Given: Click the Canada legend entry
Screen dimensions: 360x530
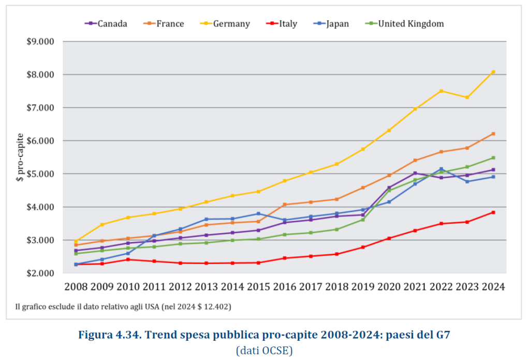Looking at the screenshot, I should [106, 23].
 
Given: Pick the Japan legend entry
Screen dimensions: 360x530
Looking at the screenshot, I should [332, 23].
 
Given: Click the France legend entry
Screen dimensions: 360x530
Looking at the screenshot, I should [164, 23].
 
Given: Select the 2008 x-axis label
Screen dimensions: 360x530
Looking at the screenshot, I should [76, 286].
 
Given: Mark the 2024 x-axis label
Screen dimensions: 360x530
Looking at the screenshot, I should [493, 286].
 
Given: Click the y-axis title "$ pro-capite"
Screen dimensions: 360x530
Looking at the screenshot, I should [20, 157].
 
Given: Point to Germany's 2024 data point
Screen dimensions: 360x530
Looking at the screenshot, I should [493, 72].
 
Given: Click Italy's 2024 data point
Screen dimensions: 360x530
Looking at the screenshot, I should [493, 212].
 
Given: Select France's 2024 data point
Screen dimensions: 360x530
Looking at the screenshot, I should [493, 134].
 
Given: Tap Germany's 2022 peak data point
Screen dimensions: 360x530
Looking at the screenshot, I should [441, 91].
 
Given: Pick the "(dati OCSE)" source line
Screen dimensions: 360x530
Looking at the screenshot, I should [264, 351].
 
